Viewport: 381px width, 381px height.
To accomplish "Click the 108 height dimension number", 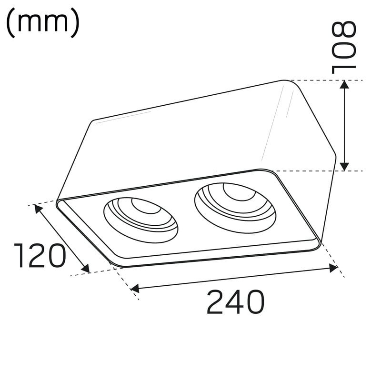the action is (344, 47).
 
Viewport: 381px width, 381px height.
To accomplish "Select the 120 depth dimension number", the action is (40, 256).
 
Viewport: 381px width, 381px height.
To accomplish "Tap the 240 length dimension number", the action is (235, 301).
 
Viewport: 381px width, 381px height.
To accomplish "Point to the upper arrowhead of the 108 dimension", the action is (344, 84).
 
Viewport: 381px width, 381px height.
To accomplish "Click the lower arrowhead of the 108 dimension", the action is (344, 167).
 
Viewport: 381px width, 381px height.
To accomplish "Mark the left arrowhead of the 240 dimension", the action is (135, 289).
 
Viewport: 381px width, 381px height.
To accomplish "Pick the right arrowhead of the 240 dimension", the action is (333, 268).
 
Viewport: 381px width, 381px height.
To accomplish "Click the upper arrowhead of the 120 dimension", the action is (39, 209).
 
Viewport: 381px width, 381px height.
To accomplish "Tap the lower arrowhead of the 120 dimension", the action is (86, 269).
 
